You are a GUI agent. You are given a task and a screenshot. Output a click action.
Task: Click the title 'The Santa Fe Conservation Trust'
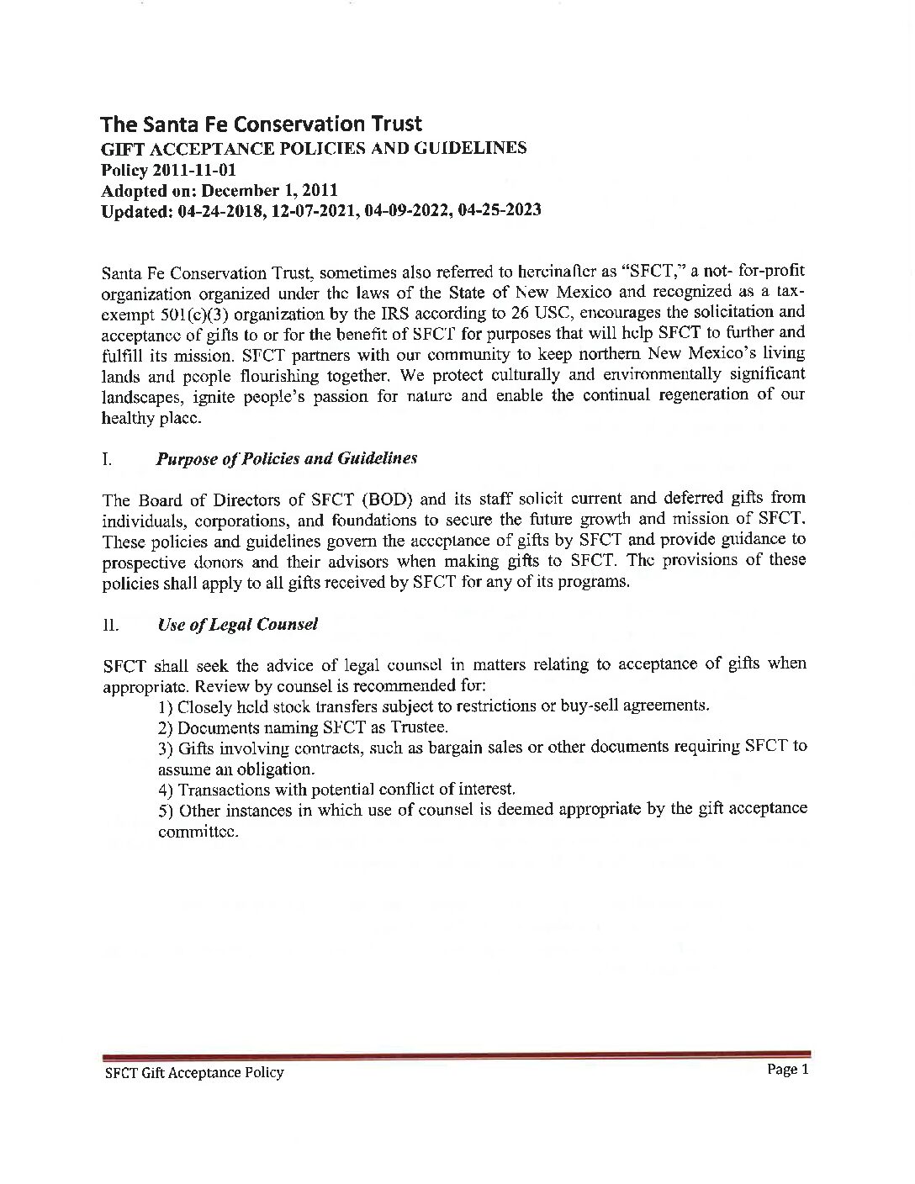point(261,124)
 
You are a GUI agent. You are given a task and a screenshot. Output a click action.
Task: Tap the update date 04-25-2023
point(496,210)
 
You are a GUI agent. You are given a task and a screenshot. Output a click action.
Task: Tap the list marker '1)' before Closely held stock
point(166,706)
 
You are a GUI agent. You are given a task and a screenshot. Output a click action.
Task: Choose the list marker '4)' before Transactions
point(166,790)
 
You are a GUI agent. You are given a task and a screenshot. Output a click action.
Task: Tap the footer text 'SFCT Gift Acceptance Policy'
point(193,1072)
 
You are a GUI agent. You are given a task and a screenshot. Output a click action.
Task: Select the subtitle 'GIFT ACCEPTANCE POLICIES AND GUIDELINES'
point(314,149)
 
